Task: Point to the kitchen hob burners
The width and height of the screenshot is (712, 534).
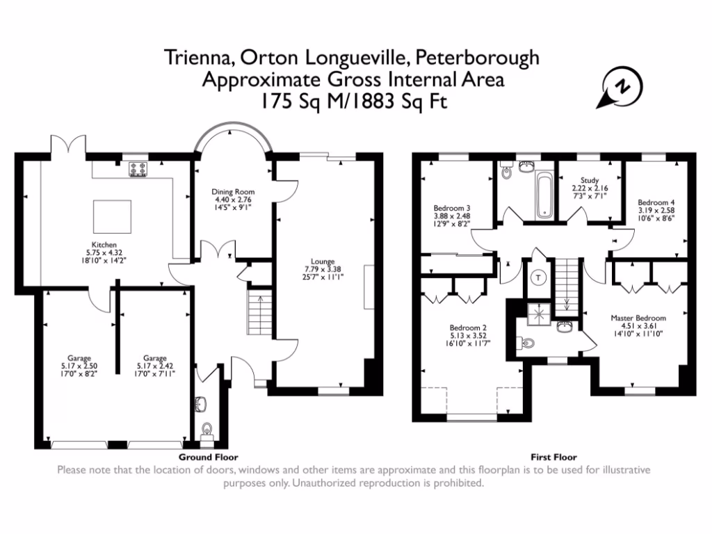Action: coord(138,169)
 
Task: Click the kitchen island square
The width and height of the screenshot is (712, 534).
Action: coord(112,217)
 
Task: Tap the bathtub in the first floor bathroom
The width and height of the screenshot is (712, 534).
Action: coord(544,195)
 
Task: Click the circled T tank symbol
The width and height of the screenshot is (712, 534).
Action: coord(539,277)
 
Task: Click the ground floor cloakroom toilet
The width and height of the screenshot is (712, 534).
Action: coord(207,430)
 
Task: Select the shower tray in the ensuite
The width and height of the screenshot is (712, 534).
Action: coord(539,314)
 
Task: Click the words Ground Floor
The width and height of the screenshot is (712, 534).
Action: coord(209,457)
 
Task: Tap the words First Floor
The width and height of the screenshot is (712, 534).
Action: coord(554,457)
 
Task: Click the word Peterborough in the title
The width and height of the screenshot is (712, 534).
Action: coord(477,58)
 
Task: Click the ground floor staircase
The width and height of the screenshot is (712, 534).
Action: coord(260,312)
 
